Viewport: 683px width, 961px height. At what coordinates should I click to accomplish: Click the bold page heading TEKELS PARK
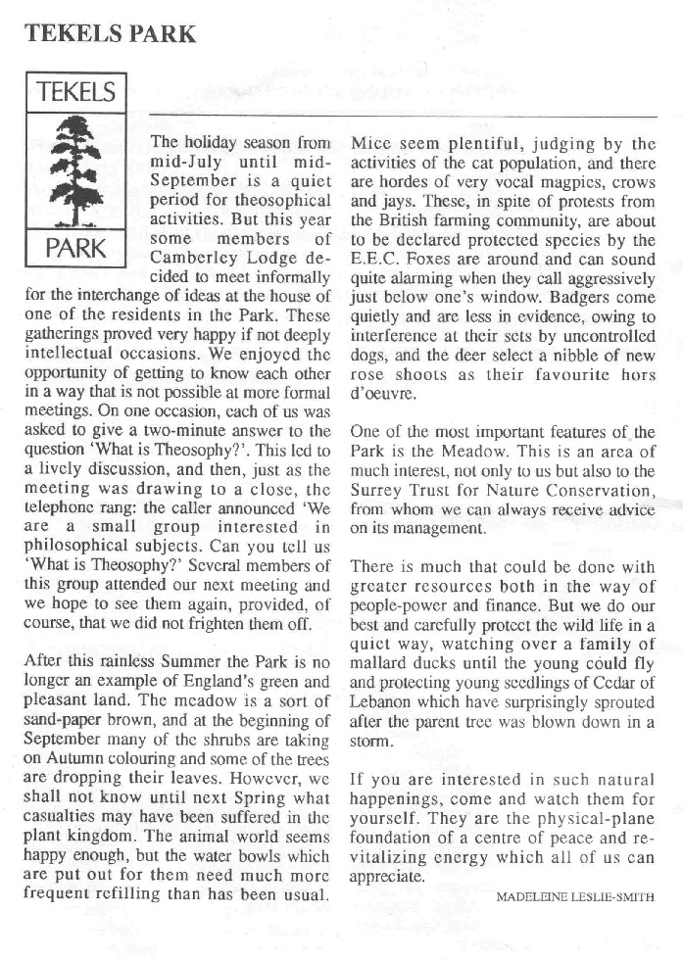point(111,33)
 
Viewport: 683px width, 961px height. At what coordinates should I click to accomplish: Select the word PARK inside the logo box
point(76,247)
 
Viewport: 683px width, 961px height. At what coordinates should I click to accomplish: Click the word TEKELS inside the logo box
point(76,94)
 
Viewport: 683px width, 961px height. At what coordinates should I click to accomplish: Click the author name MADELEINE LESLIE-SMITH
point(574,895)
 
